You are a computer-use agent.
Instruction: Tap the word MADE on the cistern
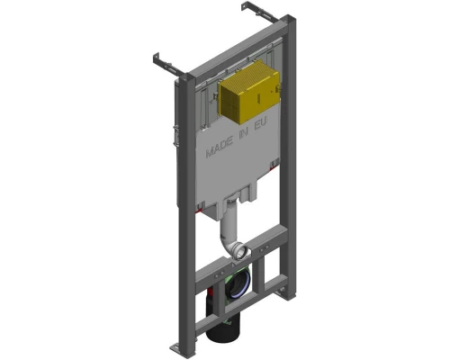(x=221, y=149)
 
